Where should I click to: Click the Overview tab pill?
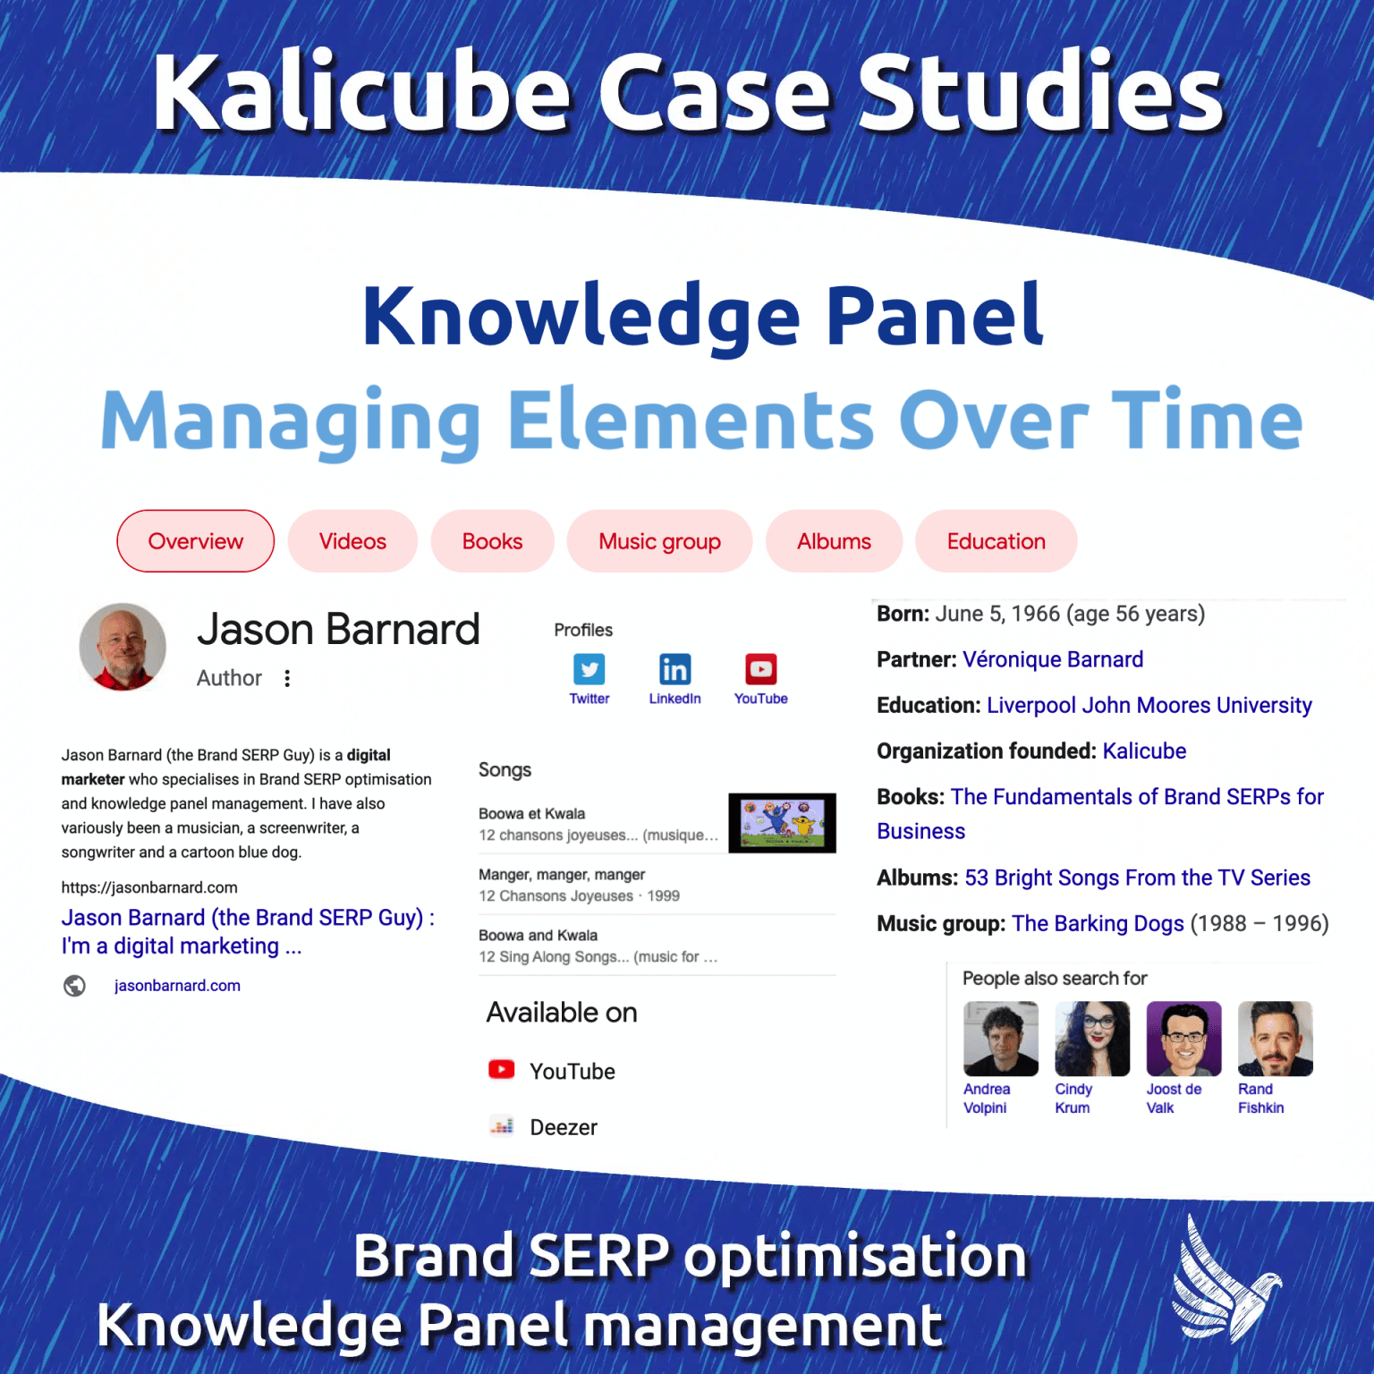pyautogui.click(x=195, y=541)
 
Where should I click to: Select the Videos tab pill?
pyautogui.click(x=352, y=541)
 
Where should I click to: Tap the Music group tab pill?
pyautogui.click(x=659, y=541)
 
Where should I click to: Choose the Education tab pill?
pyautogui.click(x=996, y=541)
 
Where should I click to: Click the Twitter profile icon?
pyautogui.click(x=589, y=669)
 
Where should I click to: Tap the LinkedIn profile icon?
pyautogui.click(x=674, y=669)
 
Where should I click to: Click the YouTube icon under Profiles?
pyautogui.click(x=760, y=669)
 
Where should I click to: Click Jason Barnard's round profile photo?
pyautogui.click(x=123, y=647)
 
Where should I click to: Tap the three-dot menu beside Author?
pyautogui.click(x=287, y=678)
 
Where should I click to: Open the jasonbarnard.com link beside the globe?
pyautogui.click(x=177, y=986)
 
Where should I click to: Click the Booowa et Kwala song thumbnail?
pyautogui.click(x=782, y=823)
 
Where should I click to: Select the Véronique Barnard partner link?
pyautogui.click(x=1053, y=660)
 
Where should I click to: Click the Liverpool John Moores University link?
pyautogui.click(x=1149, y=706)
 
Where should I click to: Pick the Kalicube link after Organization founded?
pyautogui.click(x=1144, y=751)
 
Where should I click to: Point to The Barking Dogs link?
pyautogui.click(x=1098, y=924)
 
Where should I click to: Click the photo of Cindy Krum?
pyautogui.click(x=1092, y=1039)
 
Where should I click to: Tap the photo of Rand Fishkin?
pyautogui.click(x=1275, y=1039)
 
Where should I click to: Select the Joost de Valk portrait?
pyautogui.click(x=1183, y=1039)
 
